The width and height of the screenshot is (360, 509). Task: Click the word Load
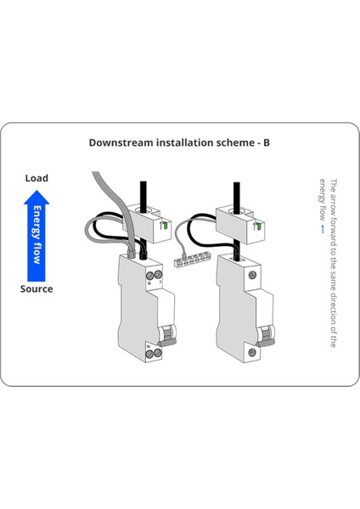[x=37, y=178]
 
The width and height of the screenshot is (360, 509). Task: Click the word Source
[x=37, y=289]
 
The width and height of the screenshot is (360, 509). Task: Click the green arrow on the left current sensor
[x=163, y=225]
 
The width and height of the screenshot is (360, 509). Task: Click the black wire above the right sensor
[x=232, y=187]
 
